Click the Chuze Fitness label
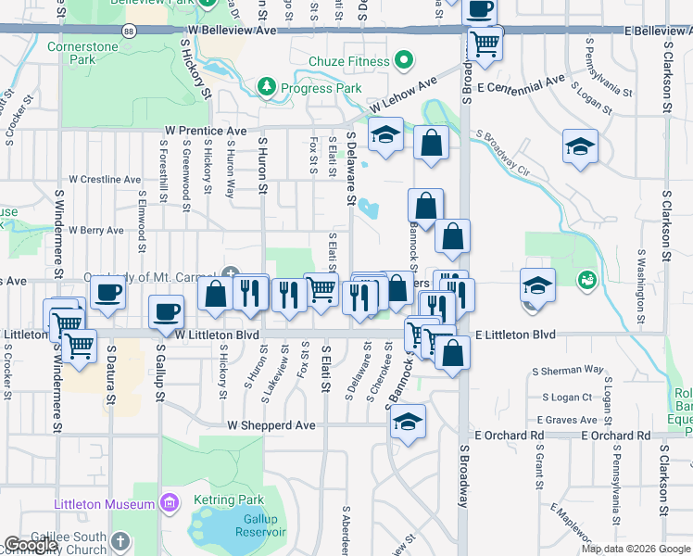(x=351, y=63)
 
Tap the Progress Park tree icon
(x=268, y=87)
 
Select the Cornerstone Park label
(x=95, y=52)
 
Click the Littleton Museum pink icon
(x=168, y=504)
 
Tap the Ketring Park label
(x=229, y=499)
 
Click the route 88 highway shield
(x=128, y=31)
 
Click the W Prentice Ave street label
(x=206, y=132)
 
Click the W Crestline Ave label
(x=105, y=179)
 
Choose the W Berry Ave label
(x=96, y=230)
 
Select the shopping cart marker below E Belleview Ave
(x=485, y=42)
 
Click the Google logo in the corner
(x=31, y=545)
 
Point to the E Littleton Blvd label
(x=513, y=334)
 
